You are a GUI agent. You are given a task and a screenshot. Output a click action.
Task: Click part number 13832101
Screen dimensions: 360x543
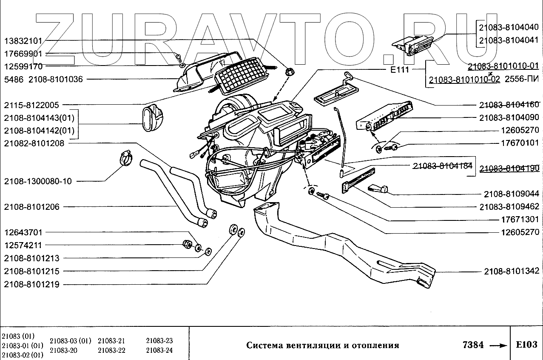(23, 41)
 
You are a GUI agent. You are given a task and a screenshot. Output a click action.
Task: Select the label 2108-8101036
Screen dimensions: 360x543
(55, 79)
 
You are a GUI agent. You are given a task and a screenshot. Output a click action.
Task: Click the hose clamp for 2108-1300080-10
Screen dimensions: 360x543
(124, 158)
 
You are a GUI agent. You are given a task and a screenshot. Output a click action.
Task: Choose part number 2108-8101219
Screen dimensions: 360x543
(32, 284)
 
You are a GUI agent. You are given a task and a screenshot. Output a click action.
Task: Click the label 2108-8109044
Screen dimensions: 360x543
(511, 194)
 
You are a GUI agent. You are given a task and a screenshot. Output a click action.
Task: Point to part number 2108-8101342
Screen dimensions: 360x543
(511, 271)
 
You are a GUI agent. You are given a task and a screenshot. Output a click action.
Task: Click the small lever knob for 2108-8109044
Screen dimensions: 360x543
(378, 188)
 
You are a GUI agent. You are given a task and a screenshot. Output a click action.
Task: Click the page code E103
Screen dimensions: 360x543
(526, 345)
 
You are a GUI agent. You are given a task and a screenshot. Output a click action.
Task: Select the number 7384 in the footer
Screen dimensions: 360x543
(472, 345)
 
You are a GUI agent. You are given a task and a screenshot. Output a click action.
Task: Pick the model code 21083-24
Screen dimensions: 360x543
(159, 350)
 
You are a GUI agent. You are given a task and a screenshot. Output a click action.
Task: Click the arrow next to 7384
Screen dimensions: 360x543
(498, 346)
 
